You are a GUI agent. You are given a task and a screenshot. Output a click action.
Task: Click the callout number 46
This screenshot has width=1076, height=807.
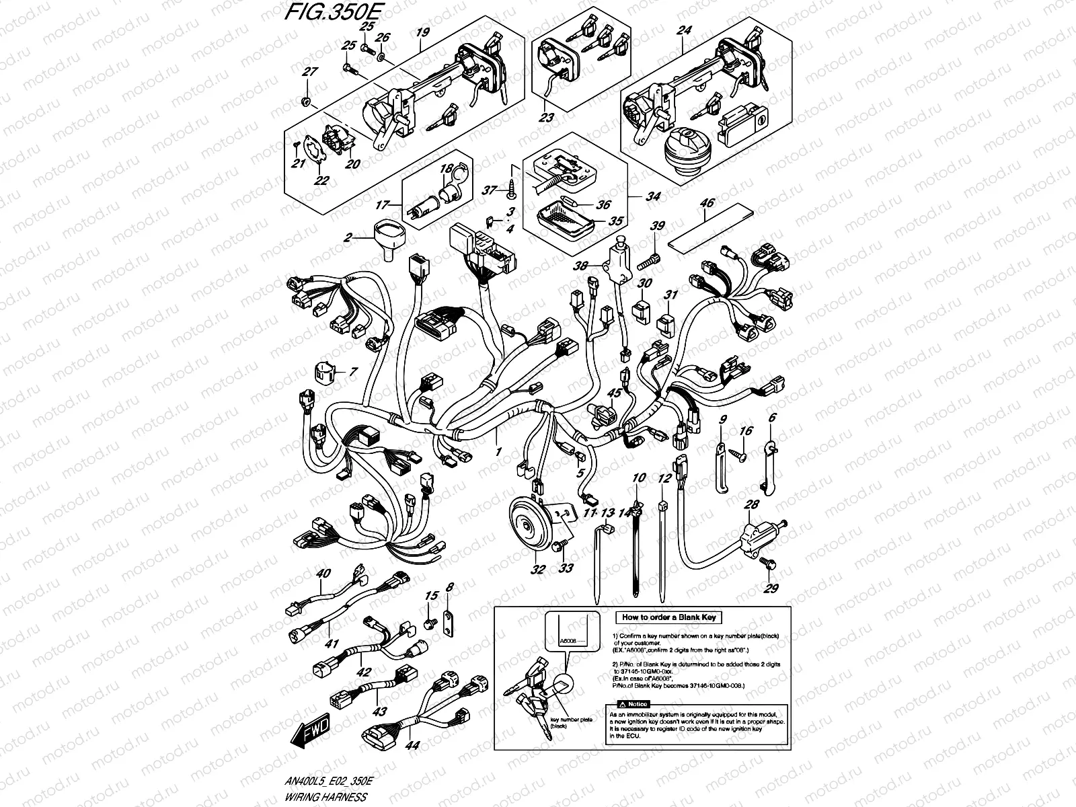click(707, 202)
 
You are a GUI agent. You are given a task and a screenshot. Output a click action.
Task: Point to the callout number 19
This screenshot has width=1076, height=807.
click(422, 32)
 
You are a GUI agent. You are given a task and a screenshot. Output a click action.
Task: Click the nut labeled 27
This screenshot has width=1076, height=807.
click(305, 102)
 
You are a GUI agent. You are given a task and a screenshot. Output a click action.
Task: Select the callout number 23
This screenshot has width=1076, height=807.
click(547, 117)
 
